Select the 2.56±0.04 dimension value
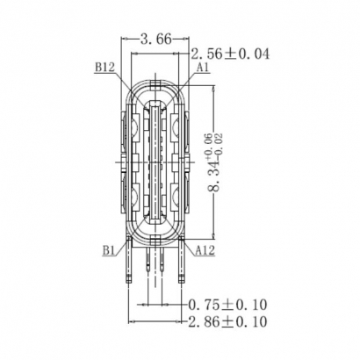click(229, 54)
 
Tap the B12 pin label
click(103, 66)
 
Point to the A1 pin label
click(203, 67)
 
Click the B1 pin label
click(109, 250)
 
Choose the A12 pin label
click(205, 250)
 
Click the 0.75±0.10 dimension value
click(228, 304)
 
